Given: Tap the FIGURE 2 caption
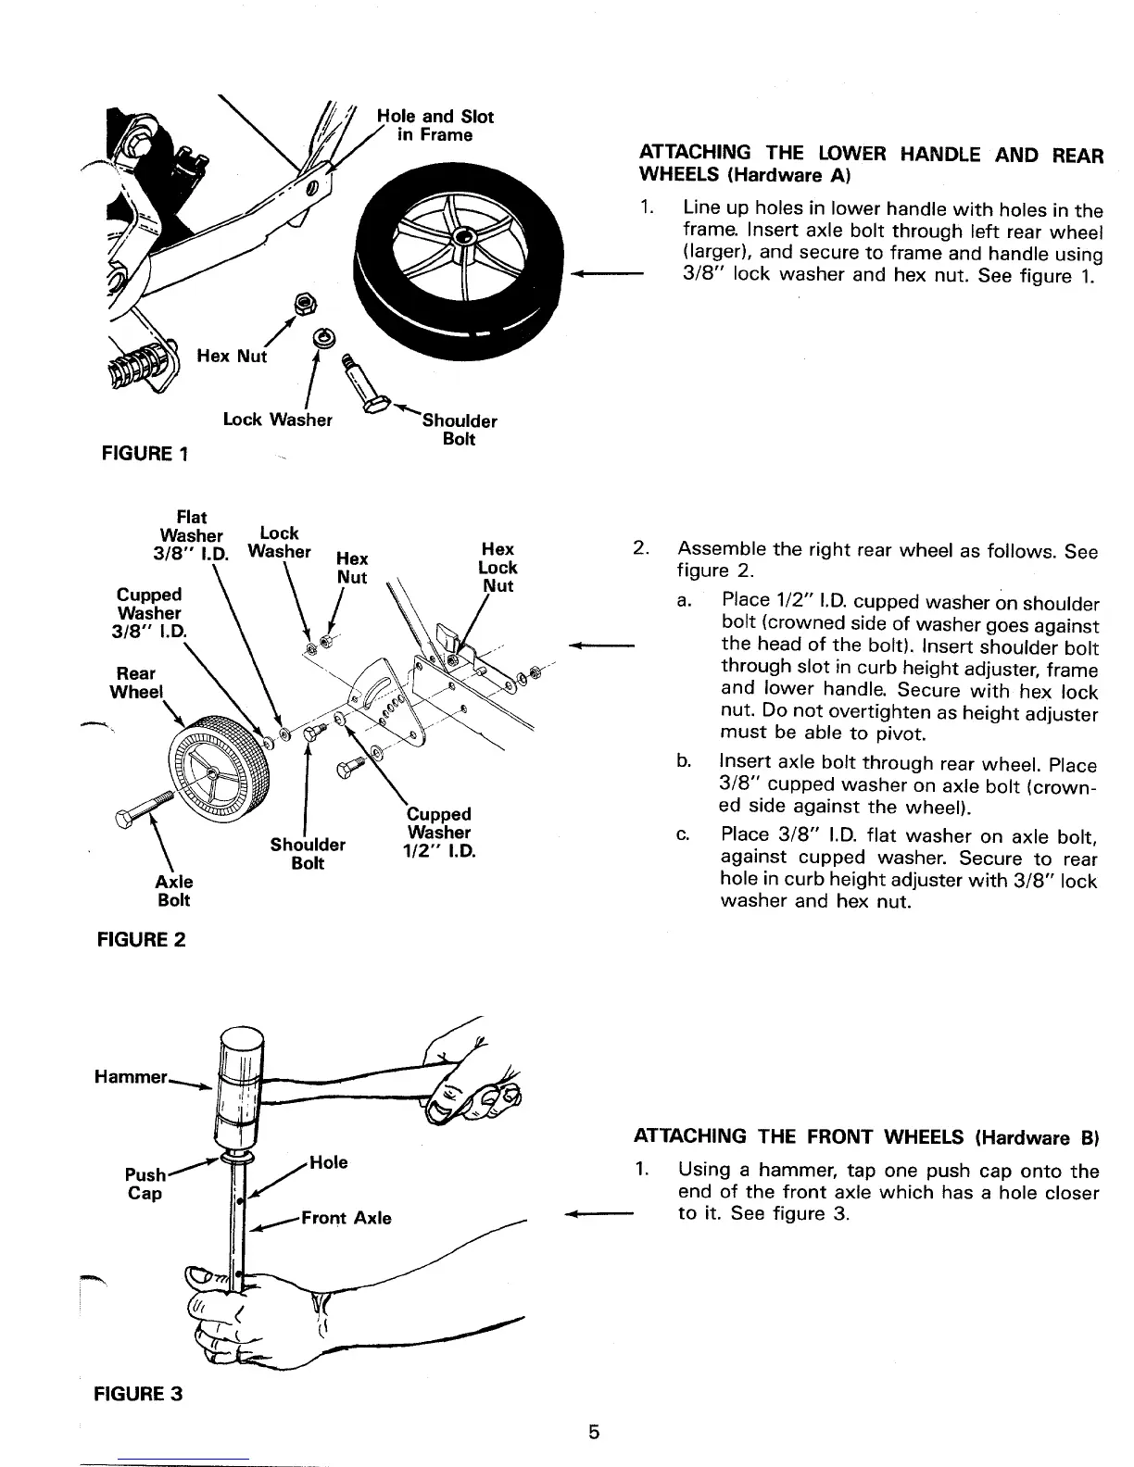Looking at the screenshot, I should tap(142, 939).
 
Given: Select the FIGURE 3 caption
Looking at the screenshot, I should tap(136, 1393).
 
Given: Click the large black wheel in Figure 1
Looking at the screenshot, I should tap(454, 250).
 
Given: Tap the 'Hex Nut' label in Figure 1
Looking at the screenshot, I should tap(232, 356).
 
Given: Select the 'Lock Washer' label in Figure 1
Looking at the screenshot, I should tap(277, 420).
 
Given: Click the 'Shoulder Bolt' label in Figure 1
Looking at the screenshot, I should tap(460, 430).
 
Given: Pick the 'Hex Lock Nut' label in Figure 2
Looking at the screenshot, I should tap(498, 568).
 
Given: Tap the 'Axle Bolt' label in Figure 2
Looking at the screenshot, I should tap(173, 890).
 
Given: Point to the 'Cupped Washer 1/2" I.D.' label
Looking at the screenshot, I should tap(439, 833).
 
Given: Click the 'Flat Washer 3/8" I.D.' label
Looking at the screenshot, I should tap(191, 534).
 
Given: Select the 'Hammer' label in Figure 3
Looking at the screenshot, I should tap(131, 1077).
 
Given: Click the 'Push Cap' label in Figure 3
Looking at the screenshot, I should tap(145, 1185).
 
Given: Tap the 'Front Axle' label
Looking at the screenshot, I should tap(346, 1218).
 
